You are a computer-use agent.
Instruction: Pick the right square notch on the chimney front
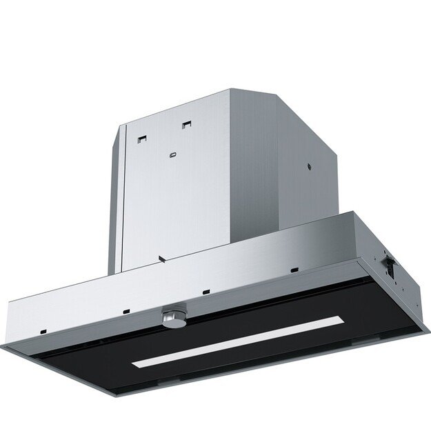click(x=186, y=125)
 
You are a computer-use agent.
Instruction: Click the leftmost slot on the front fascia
click(x=43, y=330)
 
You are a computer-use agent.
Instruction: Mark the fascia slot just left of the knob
click(x=126, y=310)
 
